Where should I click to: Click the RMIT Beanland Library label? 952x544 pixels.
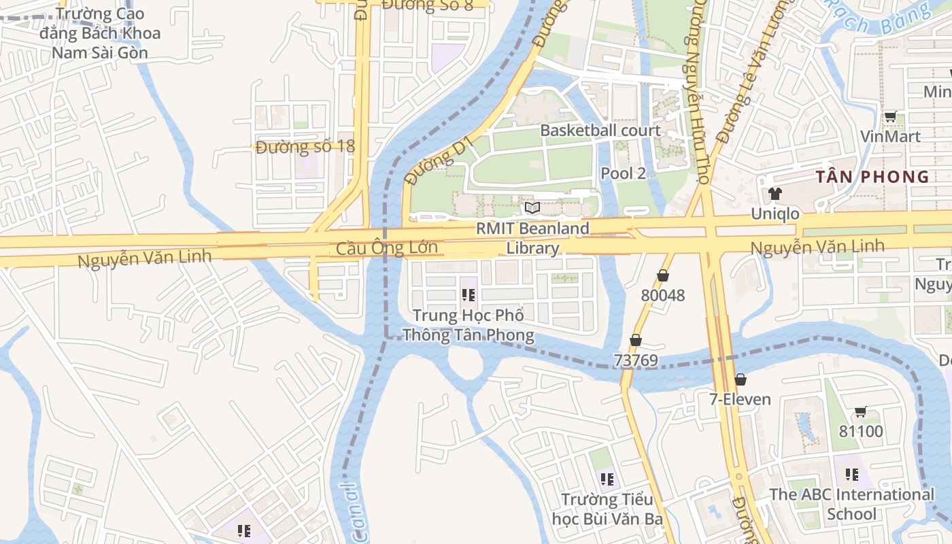(532, 238)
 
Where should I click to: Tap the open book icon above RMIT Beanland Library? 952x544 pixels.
(532, 207)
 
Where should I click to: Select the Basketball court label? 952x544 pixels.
(600, 131)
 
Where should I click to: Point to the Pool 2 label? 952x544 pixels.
(623, 173)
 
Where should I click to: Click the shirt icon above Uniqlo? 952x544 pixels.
(775, 194)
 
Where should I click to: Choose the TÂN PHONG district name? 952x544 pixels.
(872, 177)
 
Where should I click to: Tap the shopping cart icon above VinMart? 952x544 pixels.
(890, 117)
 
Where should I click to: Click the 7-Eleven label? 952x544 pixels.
(741, 399)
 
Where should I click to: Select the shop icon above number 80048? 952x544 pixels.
(663, 276)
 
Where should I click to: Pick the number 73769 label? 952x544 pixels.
(636, 360)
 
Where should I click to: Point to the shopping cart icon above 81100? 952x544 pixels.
(860, 411)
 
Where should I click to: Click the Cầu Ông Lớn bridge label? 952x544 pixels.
(386, 248)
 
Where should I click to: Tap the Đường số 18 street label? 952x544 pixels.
(305, 147)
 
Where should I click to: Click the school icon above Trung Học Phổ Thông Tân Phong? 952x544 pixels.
(468, 295)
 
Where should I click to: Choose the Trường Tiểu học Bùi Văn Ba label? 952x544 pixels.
(607, 509)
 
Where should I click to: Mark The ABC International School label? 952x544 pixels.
(851, 504)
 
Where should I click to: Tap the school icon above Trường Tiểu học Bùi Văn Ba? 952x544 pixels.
(607, 479)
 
